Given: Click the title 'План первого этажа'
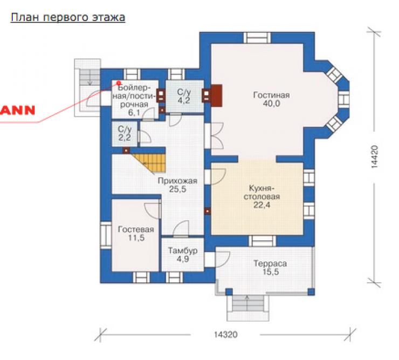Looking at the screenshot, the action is [68, 17].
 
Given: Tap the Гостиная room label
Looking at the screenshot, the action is [272, 99].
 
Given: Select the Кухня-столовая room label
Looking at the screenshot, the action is [262, 196].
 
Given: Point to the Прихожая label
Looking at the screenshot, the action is [177, 185].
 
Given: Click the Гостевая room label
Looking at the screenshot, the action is [136, 233].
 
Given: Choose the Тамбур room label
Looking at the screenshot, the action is [183, 255].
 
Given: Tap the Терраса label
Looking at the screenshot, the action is [270, 268].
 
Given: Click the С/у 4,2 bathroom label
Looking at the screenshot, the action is [184, 96].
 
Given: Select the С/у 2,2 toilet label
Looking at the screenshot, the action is [125, 133].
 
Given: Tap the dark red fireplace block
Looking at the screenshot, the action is [217, 96].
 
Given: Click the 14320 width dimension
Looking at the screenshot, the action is [226, 334].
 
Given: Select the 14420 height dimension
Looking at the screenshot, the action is [374, 157].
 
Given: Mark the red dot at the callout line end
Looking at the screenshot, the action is [119, 83].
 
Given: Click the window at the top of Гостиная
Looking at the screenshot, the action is [257, 38].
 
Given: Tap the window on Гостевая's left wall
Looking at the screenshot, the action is [106, 235].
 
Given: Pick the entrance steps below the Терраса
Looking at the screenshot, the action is [248, 308].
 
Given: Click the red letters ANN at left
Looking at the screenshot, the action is [17, 110].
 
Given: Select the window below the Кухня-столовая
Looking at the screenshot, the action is [263, 241].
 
